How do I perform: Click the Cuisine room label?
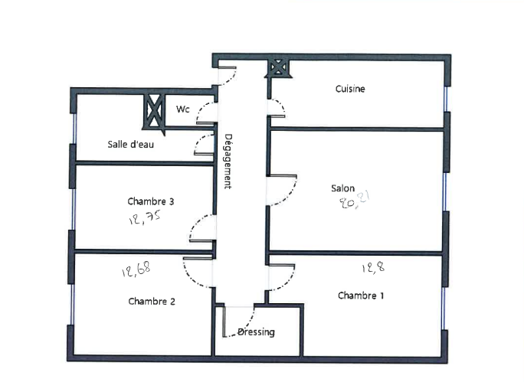pyautogui.click(x=350, y=89)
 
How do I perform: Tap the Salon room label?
pyautogui.click(x=342, y=188)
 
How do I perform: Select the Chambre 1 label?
pyautogui.click(x=361, y=295)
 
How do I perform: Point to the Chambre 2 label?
pyautogui.click(x=152, y=301)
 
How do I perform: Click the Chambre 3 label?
pyautogui.click(x=150, y=201)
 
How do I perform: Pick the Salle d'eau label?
pyautogui.click(x=130, y=144)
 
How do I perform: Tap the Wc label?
pyautogui.click(x=183, y=109)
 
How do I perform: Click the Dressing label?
pyautogui.click(x=256, y=332)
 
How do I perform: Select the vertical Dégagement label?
pyautogui.click(x=228, y=162)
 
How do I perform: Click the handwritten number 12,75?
pyautogui.click(x=145, y=217)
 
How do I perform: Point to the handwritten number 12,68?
pyautogui.click(x=136, y=269)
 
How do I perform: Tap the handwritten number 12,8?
pyautogui.click(x=373, y=267)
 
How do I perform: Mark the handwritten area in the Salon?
pyautogui.click(x=355, y=200)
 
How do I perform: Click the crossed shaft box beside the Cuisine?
pyautogui.click(x=278, y=68)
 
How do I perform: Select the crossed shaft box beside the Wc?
pyautogui.click(x=154, y=112)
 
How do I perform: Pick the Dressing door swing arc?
pyautogui.click(x=247, y=328)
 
